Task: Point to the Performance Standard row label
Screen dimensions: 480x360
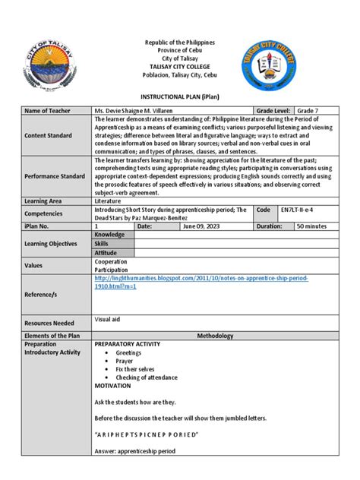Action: (x=57, y=175)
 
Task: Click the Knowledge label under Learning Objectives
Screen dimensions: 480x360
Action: (x=112, y=235)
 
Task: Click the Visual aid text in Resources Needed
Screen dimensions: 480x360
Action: (x=109, y=298)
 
